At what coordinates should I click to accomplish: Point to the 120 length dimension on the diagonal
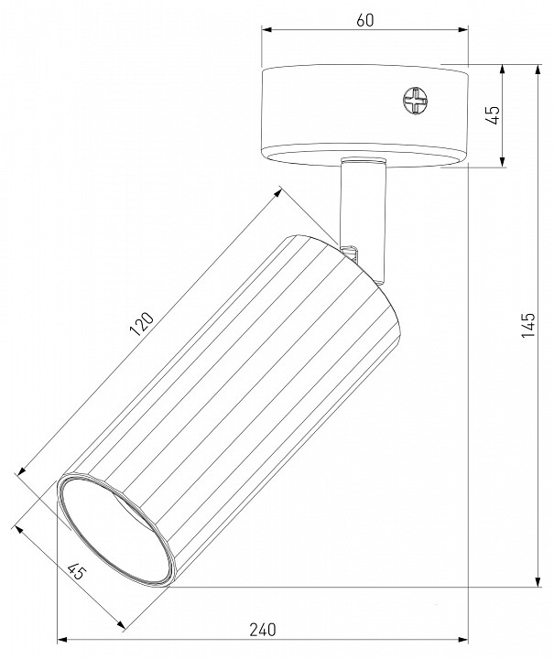[143, 326]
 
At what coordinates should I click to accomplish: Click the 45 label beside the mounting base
[492, 115]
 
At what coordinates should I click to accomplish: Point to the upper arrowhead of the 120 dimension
[278, 190]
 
